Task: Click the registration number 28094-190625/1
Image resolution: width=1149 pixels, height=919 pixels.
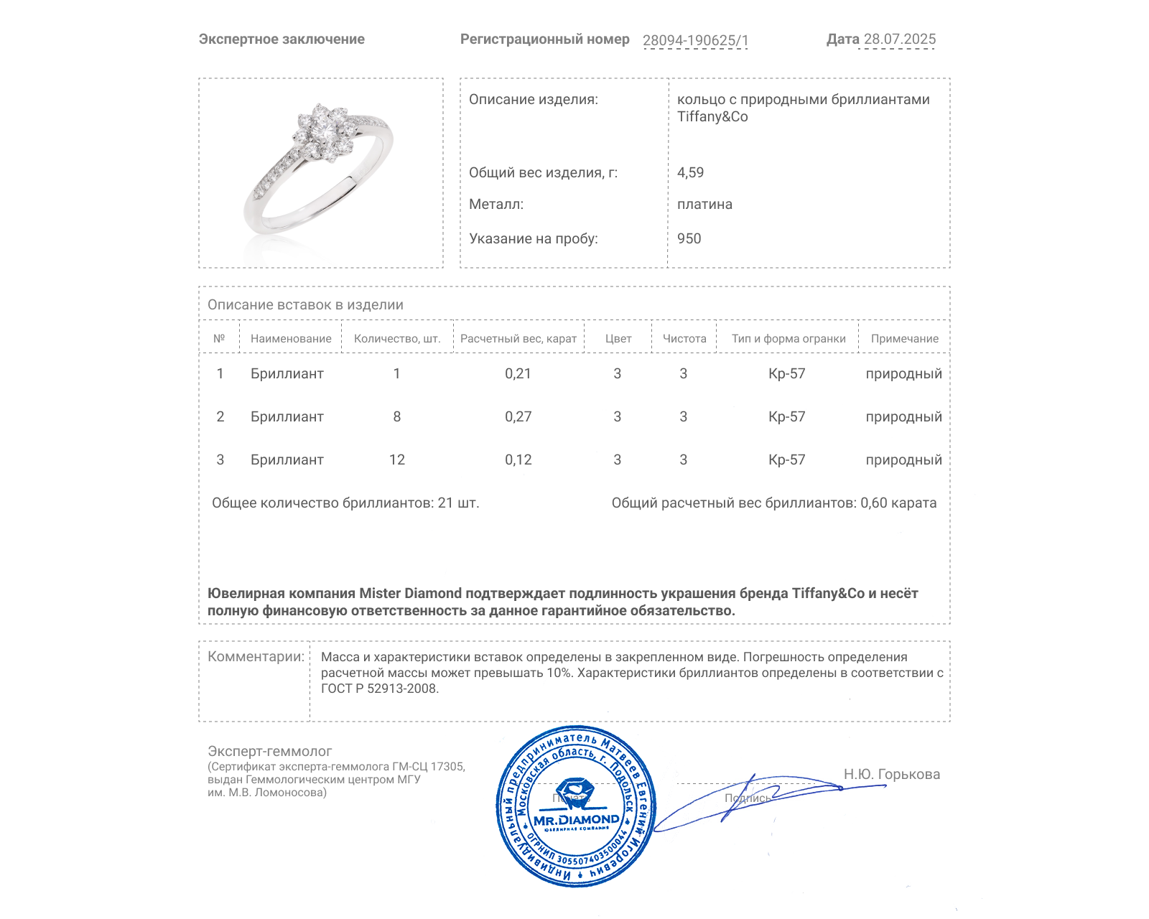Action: tap(695, 40)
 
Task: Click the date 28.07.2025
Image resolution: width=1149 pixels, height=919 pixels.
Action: tap(899, 39)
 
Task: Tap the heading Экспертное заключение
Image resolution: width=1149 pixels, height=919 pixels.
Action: tap(282, 39)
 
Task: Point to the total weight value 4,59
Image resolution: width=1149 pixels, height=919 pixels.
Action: tap(690, 172)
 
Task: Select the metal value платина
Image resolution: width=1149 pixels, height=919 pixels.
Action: tap(704, 204)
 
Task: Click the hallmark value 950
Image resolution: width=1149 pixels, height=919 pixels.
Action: tap(689, 238)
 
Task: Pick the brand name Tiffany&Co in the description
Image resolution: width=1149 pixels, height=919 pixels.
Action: tap(712, 117)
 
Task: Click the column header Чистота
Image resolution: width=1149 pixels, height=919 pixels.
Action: tap(684, 339)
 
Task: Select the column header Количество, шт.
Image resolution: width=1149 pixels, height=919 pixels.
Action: tap(397, 339)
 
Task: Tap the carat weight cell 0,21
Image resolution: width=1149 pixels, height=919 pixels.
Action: tap(518, 373)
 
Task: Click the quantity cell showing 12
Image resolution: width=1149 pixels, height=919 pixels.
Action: tap(397, 459)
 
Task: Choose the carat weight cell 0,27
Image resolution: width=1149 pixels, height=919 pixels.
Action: tap(518, 416)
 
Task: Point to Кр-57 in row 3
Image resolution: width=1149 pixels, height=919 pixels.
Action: tap(786, 459)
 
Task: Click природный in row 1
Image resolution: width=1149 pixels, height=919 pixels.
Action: tap(903, 373)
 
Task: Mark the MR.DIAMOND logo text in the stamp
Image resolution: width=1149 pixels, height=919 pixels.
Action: tap(576, 820)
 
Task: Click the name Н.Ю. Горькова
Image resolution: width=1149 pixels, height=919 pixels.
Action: tap(891, 774)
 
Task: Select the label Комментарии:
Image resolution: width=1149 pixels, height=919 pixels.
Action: tap(256, 656)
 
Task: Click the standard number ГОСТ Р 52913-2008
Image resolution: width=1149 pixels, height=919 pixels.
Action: tap(379, 689)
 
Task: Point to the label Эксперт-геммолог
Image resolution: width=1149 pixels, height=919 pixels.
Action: tap(269, 751)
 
